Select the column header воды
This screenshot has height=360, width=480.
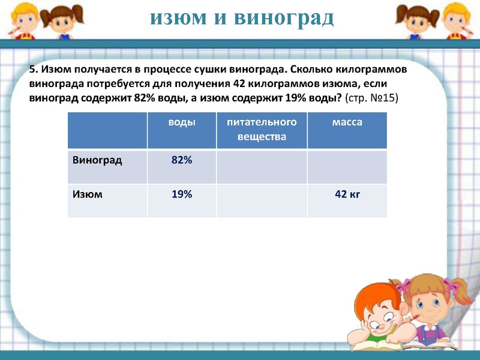click(181, 122)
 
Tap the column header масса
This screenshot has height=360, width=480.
click(347, 122)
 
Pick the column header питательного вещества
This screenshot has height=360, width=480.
click(262, 129)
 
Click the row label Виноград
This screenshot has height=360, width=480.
click(97, 160)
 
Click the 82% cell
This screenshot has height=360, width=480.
click(181, 160)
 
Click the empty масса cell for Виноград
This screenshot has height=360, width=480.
click(347, 166)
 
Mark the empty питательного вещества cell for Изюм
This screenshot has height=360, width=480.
click(262, 200)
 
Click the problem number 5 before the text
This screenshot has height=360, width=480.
click(33, 70)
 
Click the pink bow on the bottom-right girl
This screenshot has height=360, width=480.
click(409, 282)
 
